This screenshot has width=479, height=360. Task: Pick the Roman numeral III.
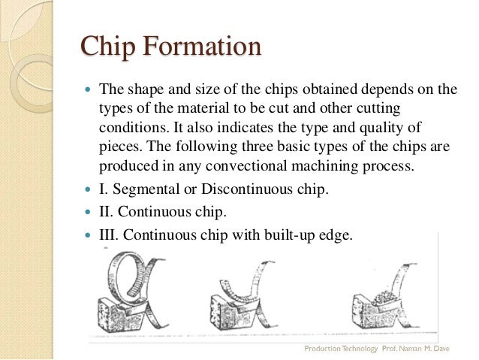[x=109, y=234]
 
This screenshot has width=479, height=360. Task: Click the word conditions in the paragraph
[x=131, y=126]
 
